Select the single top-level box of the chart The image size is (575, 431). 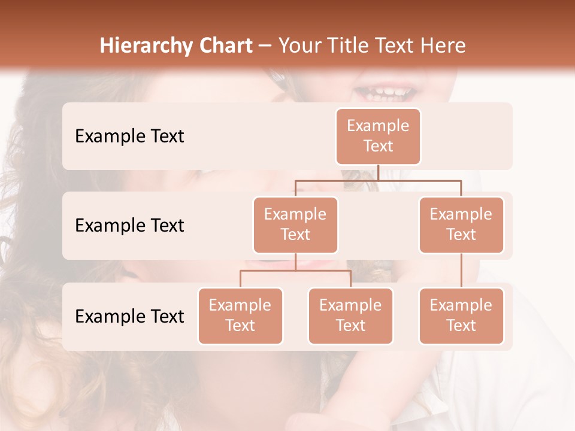378,136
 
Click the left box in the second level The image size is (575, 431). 295,225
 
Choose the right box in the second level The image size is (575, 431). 461,225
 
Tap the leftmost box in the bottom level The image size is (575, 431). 240,316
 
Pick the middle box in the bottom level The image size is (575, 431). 350,316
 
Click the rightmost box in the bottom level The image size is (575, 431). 461,316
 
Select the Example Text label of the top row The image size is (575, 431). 129,136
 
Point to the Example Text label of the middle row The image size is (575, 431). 129,226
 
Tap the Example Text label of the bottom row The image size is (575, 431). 129,317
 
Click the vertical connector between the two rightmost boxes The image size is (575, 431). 461,271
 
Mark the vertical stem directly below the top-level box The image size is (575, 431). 378,172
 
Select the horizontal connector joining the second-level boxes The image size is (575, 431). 378,180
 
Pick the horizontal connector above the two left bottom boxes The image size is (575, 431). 295,271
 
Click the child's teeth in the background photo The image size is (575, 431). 386,93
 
